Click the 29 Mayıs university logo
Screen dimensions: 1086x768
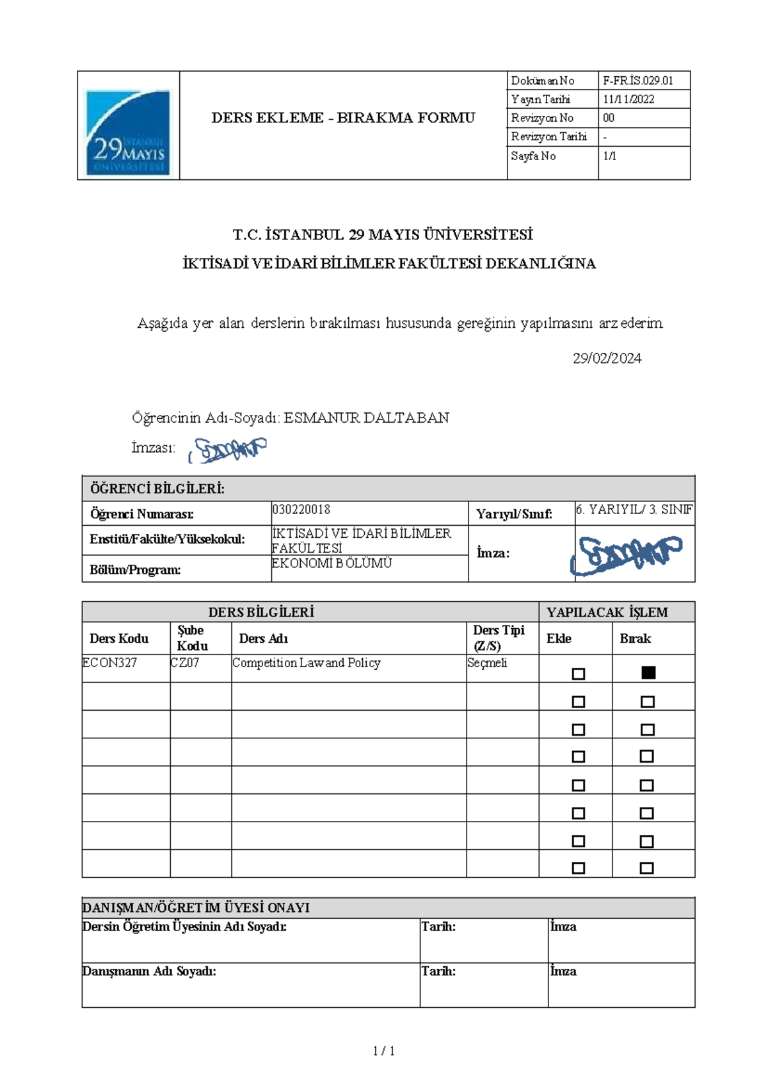click(128, 132)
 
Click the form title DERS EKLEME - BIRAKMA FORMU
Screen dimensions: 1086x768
click(343, 118)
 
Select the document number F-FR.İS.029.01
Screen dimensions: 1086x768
click(637, 81)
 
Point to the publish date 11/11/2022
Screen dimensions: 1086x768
click(628, 99)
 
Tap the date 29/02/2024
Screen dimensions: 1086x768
click(607, 359)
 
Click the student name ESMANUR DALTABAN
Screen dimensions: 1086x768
click(366, 418)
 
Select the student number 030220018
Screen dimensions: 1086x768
click(301, 510)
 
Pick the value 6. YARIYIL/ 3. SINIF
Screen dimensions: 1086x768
click(634, 510)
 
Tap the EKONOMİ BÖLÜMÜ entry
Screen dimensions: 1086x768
click(332, 563)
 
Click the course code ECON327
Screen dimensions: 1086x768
click(109, 663)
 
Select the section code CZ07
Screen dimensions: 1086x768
click(185, 663)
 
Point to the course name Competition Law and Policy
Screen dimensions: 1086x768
click(306, 663)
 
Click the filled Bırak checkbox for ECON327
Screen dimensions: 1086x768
click(648, 672)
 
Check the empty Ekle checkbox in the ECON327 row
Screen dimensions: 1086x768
click(578, 674)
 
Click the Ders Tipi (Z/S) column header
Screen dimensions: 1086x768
click(498, 638)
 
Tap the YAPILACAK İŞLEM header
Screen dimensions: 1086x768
click(607, 612)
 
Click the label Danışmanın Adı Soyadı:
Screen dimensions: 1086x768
click(149, 971)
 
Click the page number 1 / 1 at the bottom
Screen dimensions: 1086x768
click(383, 1051)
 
